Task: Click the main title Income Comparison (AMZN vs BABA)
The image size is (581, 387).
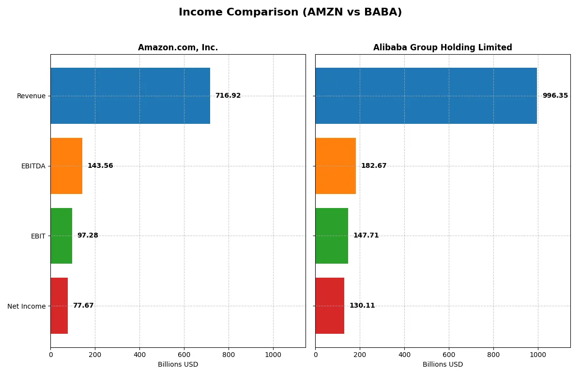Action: tap(290, 12)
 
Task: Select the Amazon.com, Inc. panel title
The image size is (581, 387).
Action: tap(178, 47)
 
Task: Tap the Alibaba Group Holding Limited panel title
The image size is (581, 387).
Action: tap(443, 47)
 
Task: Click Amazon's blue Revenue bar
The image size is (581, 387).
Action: tap(130, 96)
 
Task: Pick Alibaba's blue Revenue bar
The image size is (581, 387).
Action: tap(426, 96)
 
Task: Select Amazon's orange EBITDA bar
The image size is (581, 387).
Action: tap(66, 166)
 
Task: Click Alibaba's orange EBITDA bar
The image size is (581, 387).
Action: tap(336, 166)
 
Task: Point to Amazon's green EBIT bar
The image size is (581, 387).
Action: tap(61, 236)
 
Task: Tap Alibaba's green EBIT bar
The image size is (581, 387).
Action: tap(332, 236)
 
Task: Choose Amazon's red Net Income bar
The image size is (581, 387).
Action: tap(59, 306)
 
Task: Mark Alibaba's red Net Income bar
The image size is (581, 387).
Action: tap(330, 306)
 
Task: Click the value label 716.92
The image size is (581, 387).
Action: tap(228, 96)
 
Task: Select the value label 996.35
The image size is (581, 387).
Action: tap(555, 96)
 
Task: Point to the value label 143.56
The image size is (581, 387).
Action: tap(100, 166)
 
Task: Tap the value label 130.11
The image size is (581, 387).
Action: tap(362, 306)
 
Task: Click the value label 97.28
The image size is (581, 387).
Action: tap(88, 236)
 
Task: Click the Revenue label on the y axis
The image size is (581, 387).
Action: tap(31, 96)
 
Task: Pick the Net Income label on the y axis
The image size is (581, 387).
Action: tap(26, 306)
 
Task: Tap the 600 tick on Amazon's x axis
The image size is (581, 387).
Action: tap(184, 355)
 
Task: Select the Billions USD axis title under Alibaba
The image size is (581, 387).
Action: tap(443, 364)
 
